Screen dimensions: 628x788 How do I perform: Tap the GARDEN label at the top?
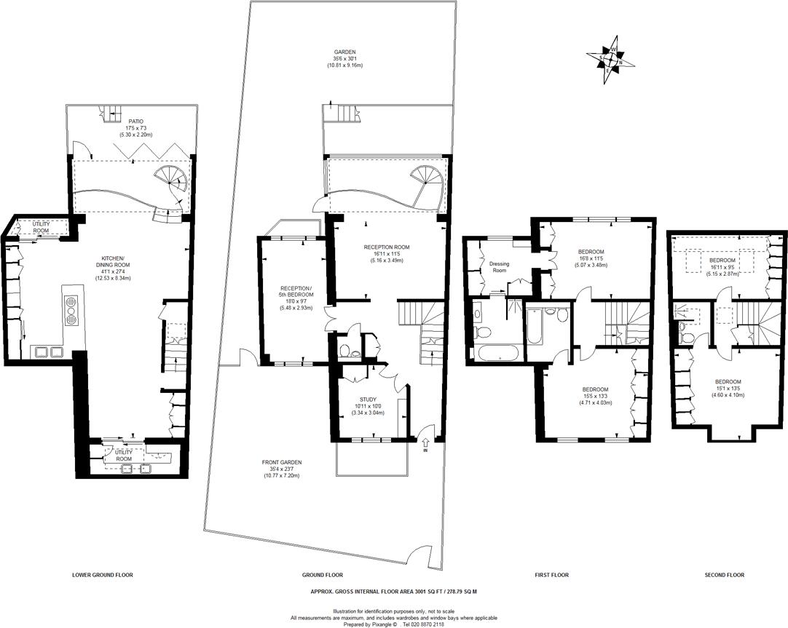pyautogui.click(x=344, y=52)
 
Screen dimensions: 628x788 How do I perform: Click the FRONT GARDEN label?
pyautogui.click(x=281, y=462)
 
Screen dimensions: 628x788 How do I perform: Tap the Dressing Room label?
pyautogui.click(x=499, y=267)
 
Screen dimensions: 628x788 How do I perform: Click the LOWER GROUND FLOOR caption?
pyautogui.click(x=103, y=575)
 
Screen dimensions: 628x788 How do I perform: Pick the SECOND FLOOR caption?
pyautogui.click(x=724, y=575)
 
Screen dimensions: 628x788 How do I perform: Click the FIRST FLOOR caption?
pyautogui.click(x=551, y=575)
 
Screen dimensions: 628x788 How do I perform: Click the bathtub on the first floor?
pyautogui.click(x=498, y=354)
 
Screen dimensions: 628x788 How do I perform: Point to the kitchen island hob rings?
pyautogui.click(x=71, y=308)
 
